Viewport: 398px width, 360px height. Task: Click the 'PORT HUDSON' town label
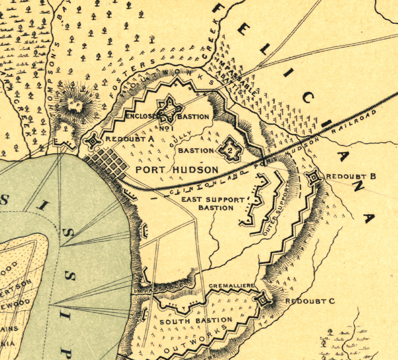pyautogui.click(x=177, y=170)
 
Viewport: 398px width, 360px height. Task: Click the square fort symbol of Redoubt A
pyautogui.click(x=93, y=142)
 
